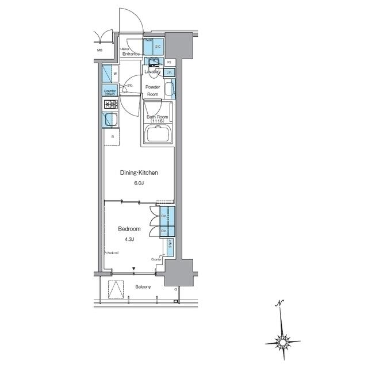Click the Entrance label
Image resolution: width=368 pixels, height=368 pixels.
pos(131,54)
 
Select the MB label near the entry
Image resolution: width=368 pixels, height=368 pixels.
pos(99,51)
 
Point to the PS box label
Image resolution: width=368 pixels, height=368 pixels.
pos(170,62)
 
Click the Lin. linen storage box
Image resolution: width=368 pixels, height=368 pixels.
pos(169,72)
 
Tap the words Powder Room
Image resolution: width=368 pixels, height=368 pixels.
pos(152,90)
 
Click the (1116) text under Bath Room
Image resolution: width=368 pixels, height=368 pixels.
pos(157,121)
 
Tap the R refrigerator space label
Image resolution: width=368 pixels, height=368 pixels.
pos(112,137)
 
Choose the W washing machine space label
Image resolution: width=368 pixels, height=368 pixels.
pos(115,74)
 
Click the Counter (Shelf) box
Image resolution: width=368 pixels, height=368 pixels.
pos(110,91)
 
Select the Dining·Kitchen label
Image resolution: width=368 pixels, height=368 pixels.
pos(139,172)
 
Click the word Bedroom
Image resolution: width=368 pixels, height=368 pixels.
pos(129,229)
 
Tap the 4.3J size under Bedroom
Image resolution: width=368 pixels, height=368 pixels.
pos(129,240)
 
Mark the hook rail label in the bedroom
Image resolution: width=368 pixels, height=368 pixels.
pos(112,253)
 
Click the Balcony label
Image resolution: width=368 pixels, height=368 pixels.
pos(143,287)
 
